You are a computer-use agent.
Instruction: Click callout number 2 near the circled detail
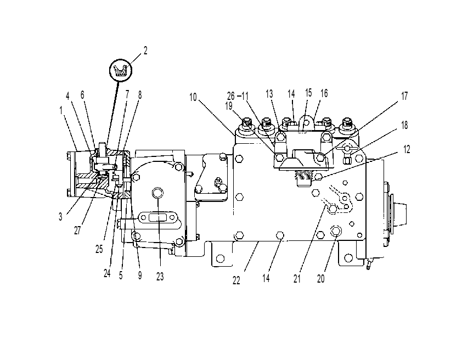[145, 50]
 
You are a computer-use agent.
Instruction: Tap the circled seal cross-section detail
[121, 70]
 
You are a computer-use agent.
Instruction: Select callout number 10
[193, 97]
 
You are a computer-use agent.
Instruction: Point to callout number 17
[404, 96]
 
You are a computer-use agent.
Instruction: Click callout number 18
[404, 125]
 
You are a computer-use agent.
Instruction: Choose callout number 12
[407, 149]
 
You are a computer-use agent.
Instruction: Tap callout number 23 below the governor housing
[160, 277]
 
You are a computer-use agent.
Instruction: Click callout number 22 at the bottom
[236, 281]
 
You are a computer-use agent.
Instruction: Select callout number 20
[321, 279]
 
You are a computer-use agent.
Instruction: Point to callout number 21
[297, 279]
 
